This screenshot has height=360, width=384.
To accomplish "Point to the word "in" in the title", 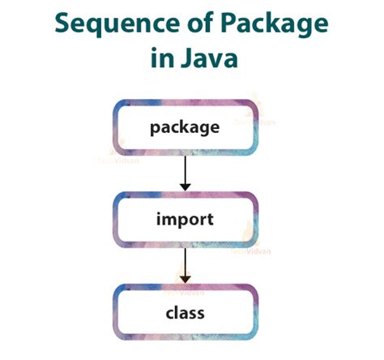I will [161, 60].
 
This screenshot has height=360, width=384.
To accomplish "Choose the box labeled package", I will [186, 127].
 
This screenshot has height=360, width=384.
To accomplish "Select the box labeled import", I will [186, 220].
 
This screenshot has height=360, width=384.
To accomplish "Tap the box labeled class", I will [186, 312].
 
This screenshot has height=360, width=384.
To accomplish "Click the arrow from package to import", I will [186, 171].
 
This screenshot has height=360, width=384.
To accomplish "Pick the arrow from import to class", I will [186, 264].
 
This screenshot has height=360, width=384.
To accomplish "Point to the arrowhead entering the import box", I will [186, 186].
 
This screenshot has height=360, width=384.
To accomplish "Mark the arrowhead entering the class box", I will [186, 280].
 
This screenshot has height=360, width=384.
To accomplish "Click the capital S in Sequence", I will [64, 24].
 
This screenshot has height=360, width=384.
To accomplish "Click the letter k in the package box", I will [188, 127].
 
